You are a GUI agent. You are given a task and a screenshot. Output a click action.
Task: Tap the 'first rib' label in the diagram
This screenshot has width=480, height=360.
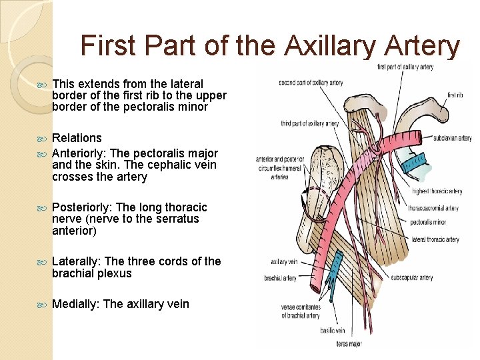point(455,95)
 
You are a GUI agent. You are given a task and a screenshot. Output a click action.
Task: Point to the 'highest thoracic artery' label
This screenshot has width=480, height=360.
point(437,191)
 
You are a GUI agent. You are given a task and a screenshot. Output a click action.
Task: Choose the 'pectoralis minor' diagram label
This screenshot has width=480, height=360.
point(429,221)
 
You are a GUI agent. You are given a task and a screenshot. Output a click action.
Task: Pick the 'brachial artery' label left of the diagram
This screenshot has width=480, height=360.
point(281,278)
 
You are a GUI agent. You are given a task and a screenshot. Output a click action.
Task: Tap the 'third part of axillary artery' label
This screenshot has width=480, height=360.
point(309,123)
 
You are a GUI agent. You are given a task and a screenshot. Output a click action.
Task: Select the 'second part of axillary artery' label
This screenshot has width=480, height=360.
point(311,83)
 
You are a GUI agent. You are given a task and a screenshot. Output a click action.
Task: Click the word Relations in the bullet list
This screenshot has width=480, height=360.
point(77,138)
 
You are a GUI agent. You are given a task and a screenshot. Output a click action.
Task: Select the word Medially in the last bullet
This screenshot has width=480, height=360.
point(75,304)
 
